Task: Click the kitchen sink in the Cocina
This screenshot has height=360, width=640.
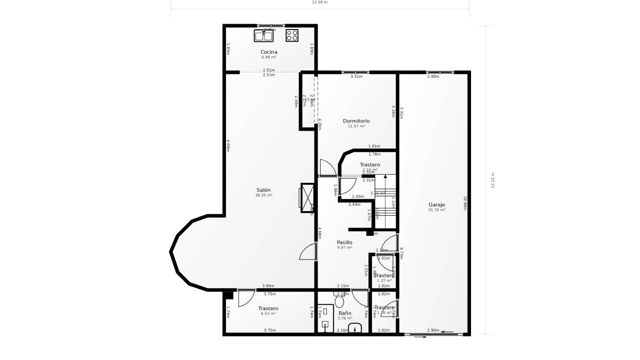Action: (x=264, y=36)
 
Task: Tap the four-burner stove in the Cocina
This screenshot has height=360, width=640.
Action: (x=292, y=36)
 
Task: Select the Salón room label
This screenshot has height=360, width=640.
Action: (x=263, y=190)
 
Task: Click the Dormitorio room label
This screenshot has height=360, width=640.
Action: (x=356, y=121)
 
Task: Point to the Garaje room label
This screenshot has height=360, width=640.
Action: (x=437, y=205)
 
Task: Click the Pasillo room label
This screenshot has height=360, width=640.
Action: (x=345, y=242)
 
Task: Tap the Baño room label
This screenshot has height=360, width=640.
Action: (x=345, y=313)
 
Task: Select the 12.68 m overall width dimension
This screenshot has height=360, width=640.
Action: (x=320, y=2)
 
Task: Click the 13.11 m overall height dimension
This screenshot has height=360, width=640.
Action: (x=492, y=180)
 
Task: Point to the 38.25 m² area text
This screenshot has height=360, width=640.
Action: (x=264, y=195)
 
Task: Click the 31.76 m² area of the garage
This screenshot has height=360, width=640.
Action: (x=437, y=210)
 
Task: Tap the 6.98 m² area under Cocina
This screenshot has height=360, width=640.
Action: (x=269, y=57)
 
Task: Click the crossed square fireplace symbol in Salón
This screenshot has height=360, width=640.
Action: (x=307, y=198)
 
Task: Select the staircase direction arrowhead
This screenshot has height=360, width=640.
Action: (x=386, y=176)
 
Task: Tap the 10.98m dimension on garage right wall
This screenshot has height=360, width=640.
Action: (x=465, y=203)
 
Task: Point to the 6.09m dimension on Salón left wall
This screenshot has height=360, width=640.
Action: (x=228, y=146)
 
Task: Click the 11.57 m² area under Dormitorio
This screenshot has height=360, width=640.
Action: (x=356, y=126)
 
